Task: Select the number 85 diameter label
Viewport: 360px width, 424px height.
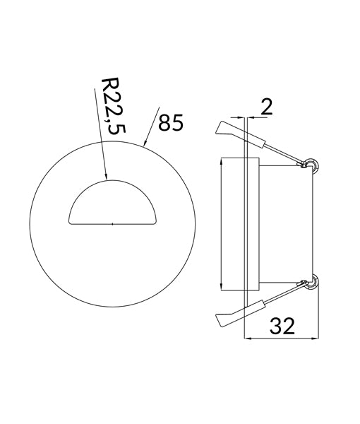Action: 171,122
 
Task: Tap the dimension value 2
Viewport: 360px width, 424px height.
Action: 266,107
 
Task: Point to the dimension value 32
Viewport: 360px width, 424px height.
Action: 280,326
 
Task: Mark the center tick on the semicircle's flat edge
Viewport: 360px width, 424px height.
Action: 113,224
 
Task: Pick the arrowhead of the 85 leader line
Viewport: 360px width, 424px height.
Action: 145,143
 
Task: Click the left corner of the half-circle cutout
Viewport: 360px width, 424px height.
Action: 69,225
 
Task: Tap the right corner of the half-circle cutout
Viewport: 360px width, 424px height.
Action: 157,225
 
